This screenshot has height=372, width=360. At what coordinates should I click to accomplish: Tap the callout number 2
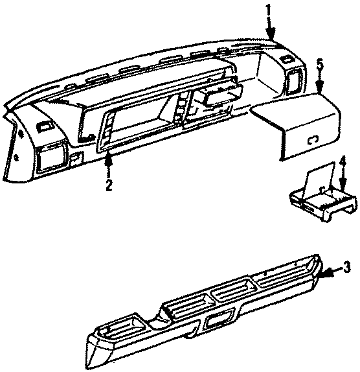pos(109,185)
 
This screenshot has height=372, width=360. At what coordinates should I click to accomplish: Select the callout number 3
pos(347,266)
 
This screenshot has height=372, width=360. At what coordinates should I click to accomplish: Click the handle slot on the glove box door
pos(313,137)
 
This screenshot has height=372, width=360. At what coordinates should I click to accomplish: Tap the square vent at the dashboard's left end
pos(51,157)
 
